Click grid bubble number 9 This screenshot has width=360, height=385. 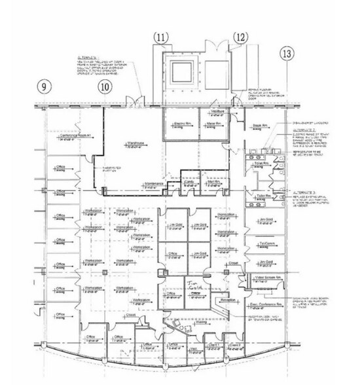coord(45,85)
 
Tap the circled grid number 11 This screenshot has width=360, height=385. coord(161,37)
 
